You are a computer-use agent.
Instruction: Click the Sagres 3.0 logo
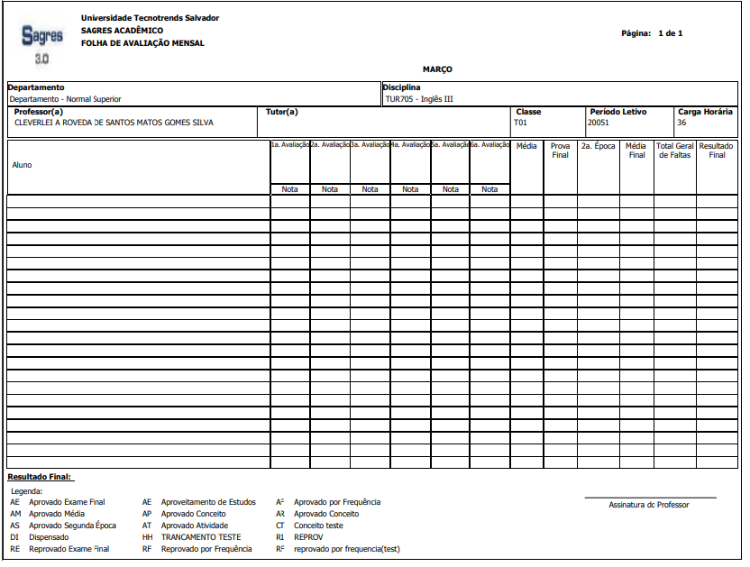42,42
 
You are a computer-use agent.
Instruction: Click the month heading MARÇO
437,69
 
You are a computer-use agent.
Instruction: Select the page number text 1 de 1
670,33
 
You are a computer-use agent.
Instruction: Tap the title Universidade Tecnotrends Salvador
150,18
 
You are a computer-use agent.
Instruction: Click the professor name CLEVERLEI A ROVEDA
114,123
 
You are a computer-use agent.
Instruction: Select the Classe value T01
520,123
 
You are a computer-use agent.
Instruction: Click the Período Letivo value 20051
599,123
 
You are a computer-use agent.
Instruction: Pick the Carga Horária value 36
682,123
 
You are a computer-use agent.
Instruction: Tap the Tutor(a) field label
282,112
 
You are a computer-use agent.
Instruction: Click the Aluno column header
22,165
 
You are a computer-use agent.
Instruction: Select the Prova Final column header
560,150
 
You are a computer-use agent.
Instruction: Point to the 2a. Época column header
598,145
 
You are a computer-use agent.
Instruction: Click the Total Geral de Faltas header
675,150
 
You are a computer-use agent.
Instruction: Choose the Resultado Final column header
717,150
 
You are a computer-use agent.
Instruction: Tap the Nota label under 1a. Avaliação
289,189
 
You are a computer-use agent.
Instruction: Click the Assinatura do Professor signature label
649,505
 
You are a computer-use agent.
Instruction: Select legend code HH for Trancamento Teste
147,537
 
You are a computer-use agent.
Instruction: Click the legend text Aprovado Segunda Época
72,526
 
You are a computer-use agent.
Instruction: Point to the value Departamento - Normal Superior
65,99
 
